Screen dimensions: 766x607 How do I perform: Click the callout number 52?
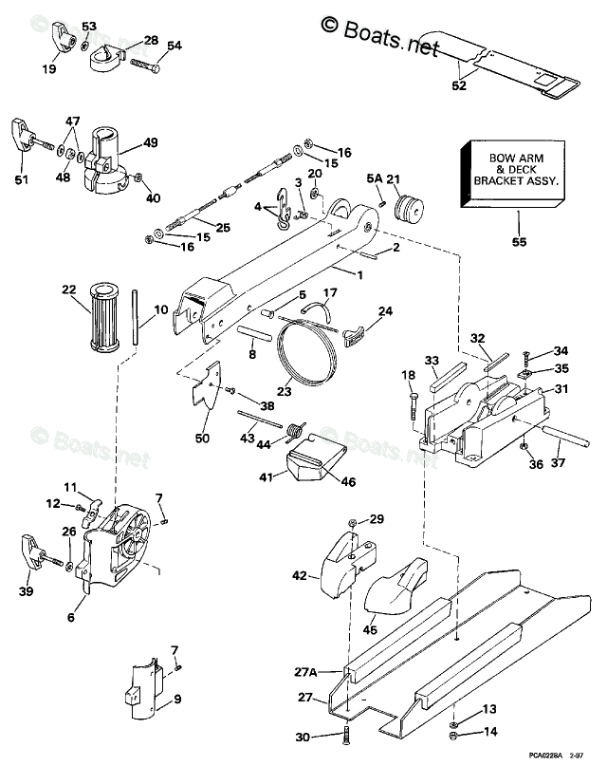(x=460, y=85)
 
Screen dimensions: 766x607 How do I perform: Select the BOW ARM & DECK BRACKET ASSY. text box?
(x=516, y=172)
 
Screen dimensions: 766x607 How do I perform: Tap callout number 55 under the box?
(x=517, y=242)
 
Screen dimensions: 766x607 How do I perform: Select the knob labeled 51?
(x=23, y=133)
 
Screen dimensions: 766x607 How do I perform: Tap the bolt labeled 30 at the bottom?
(x=345, y=738)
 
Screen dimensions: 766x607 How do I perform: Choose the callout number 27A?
(x=305, y=672)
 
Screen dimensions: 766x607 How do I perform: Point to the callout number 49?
(x=151, y=143)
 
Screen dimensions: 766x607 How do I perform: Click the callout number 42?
(x=300, y=575)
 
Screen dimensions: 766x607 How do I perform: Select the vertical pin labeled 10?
(x=138, y=318)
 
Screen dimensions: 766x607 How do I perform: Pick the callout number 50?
(x=201, y=438)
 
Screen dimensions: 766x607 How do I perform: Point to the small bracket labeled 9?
(x=143, y=689)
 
